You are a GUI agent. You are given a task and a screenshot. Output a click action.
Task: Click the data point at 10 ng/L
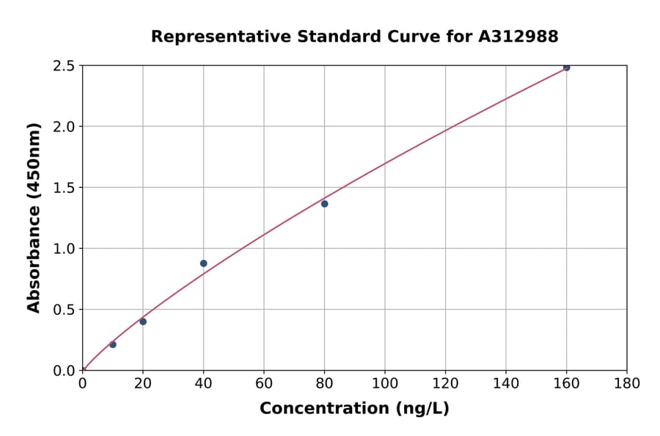point(113,344)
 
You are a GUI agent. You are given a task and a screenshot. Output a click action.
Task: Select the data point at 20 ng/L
point(143,321)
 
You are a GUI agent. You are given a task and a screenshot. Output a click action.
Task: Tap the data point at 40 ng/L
point(203,264)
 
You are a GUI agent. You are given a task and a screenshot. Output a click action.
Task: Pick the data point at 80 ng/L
point(324,203)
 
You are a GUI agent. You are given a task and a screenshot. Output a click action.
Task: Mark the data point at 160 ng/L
point(566,68)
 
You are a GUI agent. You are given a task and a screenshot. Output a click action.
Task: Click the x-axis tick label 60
point(264,383)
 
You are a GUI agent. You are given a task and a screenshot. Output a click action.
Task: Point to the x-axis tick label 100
point(385,383)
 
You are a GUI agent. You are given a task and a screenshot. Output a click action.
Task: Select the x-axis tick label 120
point(445,383)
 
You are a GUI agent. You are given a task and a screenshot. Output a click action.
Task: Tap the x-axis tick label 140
point(506,383)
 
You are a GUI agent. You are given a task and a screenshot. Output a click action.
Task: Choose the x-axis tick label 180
point(627,383)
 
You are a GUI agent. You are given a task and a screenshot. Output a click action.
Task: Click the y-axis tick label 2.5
point(64,66)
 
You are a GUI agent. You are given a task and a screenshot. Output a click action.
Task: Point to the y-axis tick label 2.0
point(64,127)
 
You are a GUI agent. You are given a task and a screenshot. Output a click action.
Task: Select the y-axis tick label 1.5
point(64,188)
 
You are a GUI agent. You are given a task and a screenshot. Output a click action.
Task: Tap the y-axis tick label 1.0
point(64,249)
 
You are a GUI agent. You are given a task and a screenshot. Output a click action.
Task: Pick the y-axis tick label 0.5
point(64,310)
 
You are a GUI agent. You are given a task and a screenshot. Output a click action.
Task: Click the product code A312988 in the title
point(518,37)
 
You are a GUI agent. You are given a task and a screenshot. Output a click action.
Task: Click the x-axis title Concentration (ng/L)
point(354,409)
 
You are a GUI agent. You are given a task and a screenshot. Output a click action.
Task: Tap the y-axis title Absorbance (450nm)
point(34,218)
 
